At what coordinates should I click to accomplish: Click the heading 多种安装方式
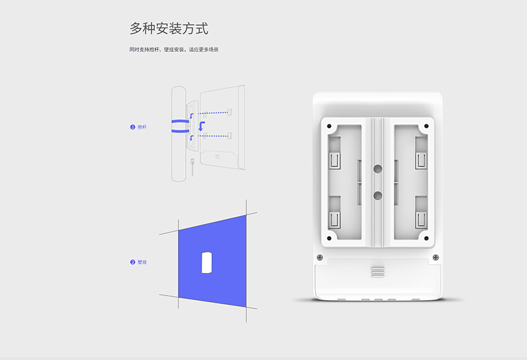coord(169,28)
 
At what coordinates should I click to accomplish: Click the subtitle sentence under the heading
coord(174,50)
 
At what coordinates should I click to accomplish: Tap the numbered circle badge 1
coord(132,127)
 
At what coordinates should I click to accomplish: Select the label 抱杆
coord(142,127)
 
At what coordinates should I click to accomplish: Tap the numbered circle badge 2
coord(132,262)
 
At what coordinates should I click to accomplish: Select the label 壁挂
coord(142,262)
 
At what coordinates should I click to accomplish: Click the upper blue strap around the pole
coord(180,121)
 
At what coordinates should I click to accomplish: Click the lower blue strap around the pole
coord(180,130)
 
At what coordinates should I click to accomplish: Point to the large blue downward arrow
coord(202,126)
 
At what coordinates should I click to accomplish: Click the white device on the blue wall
coord(207,263)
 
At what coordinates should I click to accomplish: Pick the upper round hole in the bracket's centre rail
coord(377,168)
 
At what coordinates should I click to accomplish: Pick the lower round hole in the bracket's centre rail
coord(377,195)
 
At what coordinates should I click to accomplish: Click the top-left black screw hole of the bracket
coord(329,126)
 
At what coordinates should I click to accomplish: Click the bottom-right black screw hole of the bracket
coord(426,238)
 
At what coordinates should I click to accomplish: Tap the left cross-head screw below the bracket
coord(320,257)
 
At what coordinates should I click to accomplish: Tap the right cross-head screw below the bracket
coord(435,257)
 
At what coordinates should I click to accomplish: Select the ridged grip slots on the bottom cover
coord(377,272)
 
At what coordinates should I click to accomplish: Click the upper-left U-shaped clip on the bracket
coord(335,161)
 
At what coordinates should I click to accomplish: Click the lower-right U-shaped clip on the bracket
coord(421,220)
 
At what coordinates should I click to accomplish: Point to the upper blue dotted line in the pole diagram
coord(213,113)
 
